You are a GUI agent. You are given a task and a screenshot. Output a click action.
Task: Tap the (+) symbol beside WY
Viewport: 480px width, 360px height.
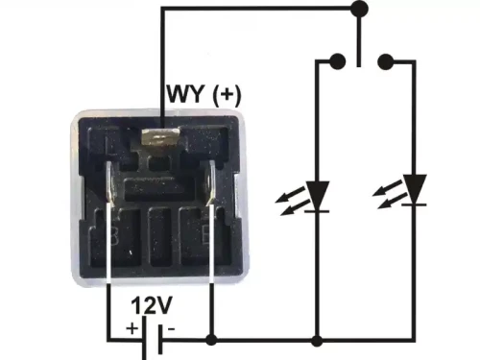pos(227,96)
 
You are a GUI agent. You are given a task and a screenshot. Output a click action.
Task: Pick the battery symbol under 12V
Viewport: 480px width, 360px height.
pos(148,339)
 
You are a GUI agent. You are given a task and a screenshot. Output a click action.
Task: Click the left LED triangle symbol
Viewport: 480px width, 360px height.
pos(317,196)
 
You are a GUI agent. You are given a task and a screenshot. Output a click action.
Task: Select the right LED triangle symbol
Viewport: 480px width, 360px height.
pos(415,189)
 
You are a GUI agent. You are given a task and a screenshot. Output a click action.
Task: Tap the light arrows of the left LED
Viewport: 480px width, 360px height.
pos(286,201)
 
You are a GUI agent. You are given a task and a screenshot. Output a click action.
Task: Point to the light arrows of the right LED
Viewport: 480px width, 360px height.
pos(384,196)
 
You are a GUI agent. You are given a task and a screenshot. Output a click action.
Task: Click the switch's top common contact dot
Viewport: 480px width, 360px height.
pos(360,10)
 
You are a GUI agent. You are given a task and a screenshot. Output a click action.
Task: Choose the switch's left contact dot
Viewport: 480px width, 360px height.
pos(337,62)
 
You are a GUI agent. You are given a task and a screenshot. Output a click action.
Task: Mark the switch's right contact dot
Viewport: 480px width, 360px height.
pos(386,62)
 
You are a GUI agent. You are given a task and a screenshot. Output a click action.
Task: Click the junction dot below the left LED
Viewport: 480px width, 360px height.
pos(317,339)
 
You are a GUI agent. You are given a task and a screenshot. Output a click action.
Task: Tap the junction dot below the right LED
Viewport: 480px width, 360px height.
pos(415,339)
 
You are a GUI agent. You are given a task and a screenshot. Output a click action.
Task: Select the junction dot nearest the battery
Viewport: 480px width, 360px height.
pos(210,339)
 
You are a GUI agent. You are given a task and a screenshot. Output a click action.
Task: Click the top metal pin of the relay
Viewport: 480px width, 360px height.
pos(160,139)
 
